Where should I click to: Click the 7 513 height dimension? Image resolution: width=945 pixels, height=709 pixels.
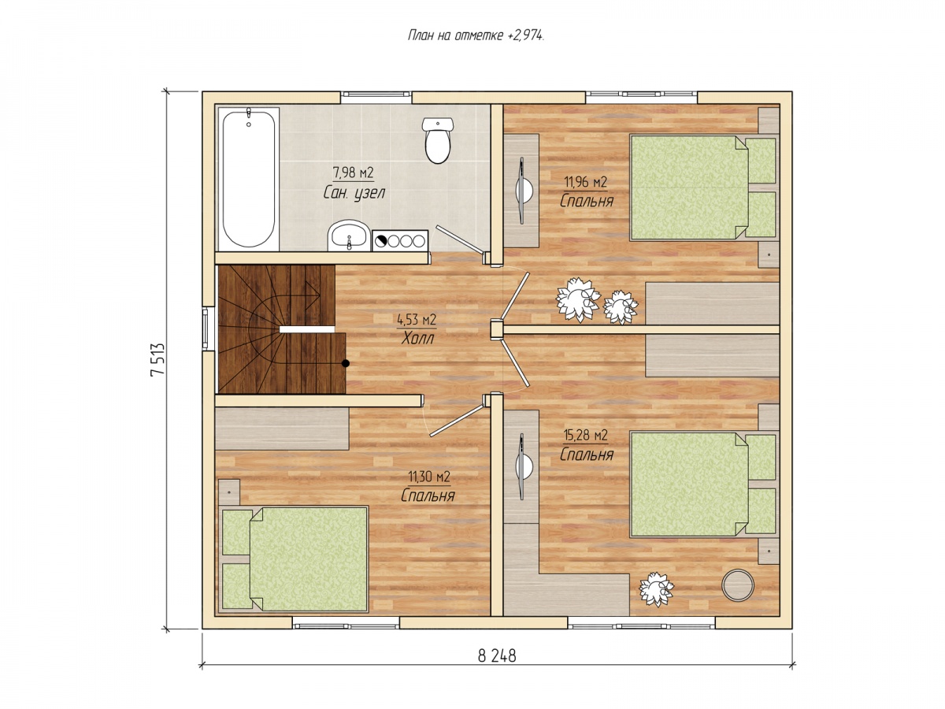pyautogui.click(x=157, y=360)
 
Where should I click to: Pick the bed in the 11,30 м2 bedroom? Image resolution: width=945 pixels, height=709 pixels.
pyautogui.click(x=292, y=559)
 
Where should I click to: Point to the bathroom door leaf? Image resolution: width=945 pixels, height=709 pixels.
pyautogui.click(x=459, y=239)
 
